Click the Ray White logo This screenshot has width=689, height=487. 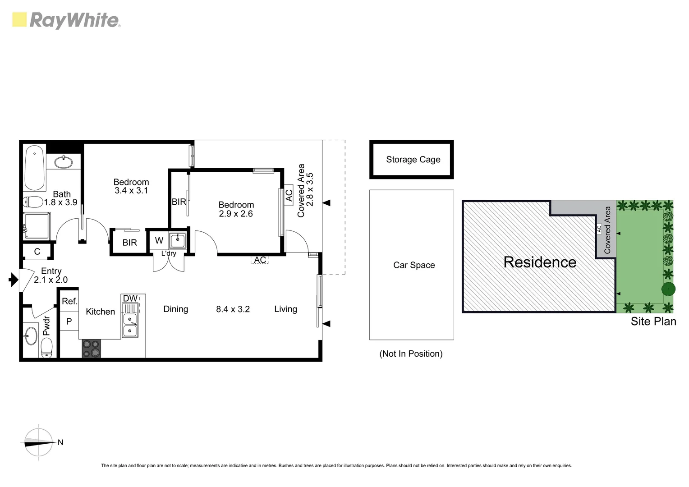click(66, 20)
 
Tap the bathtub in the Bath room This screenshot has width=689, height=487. click(35, 168)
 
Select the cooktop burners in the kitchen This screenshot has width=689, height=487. click(91, 349)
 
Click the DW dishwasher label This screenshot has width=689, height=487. click(130, 299)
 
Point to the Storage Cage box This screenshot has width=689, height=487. click(411, 160)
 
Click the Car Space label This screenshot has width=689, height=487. click(413, 265)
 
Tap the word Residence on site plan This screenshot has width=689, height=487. click(539, 262)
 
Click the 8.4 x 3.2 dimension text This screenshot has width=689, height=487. click(233, 309)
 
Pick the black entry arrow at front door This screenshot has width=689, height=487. click(13, 280)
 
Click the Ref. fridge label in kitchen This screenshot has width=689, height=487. click(69, 301)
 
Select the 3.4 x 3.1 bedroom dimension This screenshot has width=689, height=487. click(131, 191)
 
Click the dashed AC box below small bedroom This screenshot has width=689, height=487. click(260, 260)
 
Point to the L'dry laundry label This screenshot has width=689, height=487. click(169, 253)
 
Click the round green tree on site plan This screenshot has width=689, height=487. click(668, 289)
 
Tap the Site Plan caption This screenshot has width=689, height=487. click(653, 322)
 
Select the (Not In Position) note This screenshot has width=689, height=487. click(411, 354)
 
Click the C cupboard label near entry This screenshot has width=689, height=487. click(37, 252)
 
